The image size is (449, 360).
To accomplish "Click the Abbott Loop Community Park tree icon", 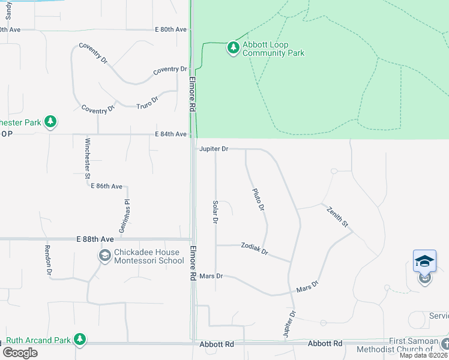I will coord(233,47).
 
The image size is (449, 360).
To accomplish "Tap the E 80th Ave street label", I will coord(170,29).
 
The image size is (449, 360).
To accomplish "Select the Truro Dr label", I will coord(146,100).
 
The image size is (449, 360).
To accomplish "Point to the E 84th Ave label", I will coord(170,134).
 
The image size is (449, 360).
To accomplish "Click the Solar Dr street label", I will coord(215,212).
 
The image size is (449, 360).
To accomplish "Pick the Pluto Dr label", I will coord(258,199).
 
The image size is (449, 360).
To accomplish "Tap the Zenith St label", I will coord(337,216).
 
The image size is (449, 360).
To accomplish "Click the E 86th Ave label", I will coord(106,187).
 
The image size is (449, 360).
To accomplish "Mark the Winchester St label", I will coord(88,158).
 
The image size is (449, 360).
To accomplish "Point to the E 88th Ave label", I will coord(95,239).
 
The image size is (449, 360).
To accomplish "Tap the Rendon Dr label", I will coord(48,259).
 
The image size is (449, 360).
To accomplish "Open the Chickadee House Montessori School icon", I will coord(105,256).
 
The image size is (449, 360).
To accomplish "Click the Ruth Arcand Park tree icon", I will coord(79,340).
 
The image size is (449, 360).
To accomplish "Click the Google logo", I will coord(20,353).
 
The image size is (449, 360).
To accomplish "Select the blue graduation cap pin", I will coord(424,261).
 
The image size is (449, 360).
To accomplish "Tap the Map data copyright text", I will coord(424,355).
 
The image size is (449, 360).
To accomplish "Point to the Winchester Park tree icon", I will coord(51,122).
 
